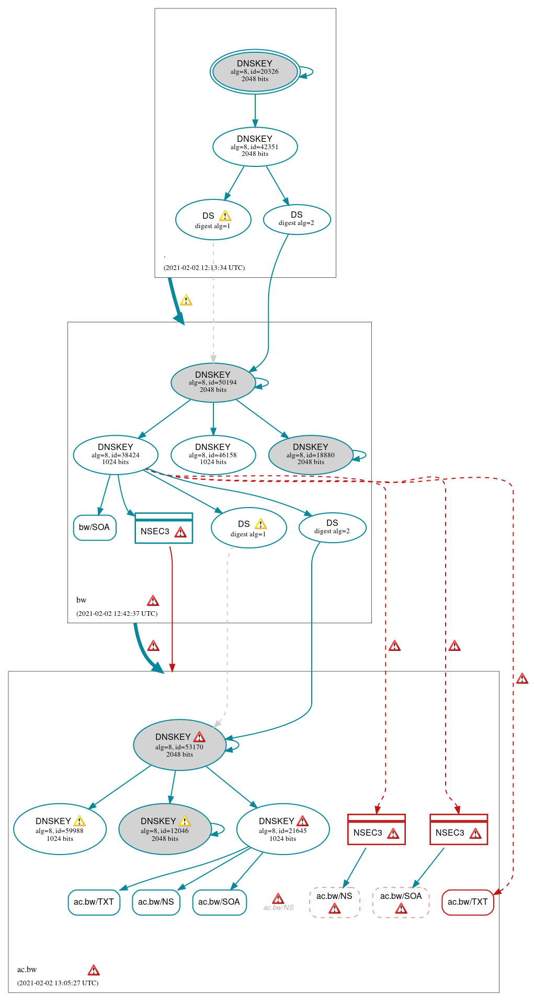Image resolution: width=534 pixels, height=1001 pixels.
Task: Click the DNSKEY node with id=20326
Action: pyautogui.click(x=255, y=72)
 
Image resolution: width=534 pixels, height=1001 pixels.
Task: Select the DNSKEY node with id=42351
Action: pyautogui.click(x=255, y=147)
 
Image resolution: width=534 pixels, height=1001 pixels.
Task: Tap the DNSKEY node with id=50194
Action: pyautogui.click(x=213, y=383)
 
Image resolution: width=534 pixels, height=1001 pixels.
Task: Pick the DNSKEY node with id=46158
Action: pyautogui.click(x=213, y=455)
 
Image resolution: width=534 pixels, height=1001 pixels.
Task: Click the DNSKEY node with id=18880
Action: pyautogui.click(x=310, y=455)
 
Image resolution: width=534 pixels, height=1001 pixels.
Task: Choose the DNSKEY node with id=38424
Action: pyautogui.click(x=116, y=455)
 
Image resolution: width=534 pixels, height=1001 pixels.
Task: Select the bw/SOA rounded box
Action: pyautogui.click(x=95, y=527)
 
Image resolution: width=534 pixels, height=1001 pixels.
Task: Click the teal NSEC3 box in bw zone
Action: pyautogui.click(x=164, y=528)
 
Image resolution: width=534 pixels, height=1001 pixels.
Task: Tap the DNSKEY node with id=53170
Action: pyautogui.click(x=179, y=745)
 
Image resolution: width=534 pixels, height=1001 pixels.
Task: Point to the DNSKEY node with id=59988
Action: pyautogui.click(x=60, y=829)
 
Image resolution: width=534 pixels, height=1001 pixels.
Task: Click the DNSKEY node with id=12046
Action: pyautogui.click(x=165, y=829)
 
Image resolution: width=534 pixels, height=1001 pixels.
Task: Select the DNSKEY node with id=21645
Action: pyautogui.click(x=283, y=829)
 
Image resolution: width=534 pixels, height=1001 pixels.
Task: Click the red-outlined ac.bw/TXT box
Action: pyautogui.click(x=468, y=902)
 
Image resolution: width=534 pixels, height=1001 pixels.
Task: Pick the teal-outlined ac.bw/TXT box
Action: pyautogui.click(x=94, y=902)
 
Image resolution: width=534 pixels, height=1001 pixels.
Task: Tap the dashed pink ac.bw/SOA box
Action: pyautogui.click(x=401, y=902)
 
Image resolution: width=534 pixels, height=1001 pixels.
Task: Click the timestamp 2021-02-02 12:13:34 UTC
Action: pyautogui.click(x=204, y=267)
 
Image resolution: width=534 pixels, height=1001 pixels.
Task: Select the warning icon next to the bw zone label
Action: pyautogui.click(x=153, y=600)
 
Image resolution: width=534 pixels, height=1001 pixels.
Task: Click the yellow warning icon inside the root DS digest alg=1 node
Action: pyautogui.click(x=225, y=216)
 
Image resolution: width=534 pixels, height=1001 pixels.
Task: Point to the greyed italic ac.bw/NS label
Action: pyautogui.click(x=278, y=907)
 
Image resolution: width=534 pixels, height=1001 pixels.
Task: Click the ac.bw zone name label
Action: pyautogui.click(x=27, y=970)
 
